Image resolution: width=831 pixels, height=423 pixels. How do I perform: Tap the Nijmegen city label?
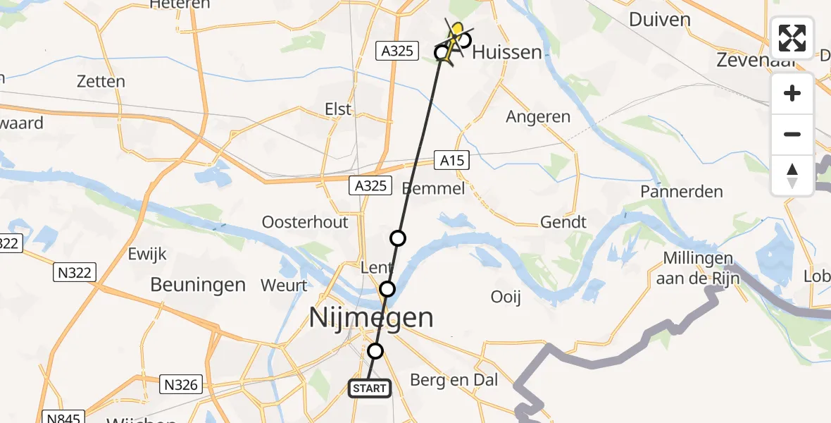[372, 318]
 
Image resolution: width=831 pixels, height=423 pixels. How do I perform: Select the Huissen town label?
[507, 52]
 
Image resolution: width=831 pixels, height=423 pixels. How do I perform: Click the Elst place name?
[337, 109]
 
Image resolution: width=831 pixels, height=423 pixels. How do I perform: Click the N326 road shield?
[182, 384]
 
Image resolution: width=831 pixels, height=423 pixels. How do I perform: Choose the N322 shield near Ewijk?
[74, 272]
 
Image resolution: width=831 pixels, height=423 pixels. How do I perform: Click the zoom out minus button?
[792, 134]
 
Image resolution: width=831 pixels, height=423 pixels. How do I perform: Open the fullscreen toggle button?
[792, 38]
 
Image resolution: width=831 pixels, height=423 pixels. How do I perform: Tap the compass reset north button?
[792, 175]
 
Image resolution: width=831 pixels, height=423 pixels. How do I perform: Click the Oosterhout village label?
[305, 222]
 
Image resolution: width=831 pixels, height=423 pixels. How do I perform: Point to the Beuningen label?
[198, 285]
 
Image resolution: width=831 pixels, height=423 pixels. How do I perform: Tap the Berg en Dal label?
[454, 380]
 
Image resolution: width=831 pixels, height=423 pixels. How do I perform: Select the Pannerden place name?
[682, 191]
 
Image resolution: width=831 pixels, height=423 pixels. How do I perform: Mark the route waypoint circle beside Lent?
[387, 288]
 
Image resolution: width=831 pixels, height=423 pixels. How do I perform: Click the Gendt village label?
[563, 222]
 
